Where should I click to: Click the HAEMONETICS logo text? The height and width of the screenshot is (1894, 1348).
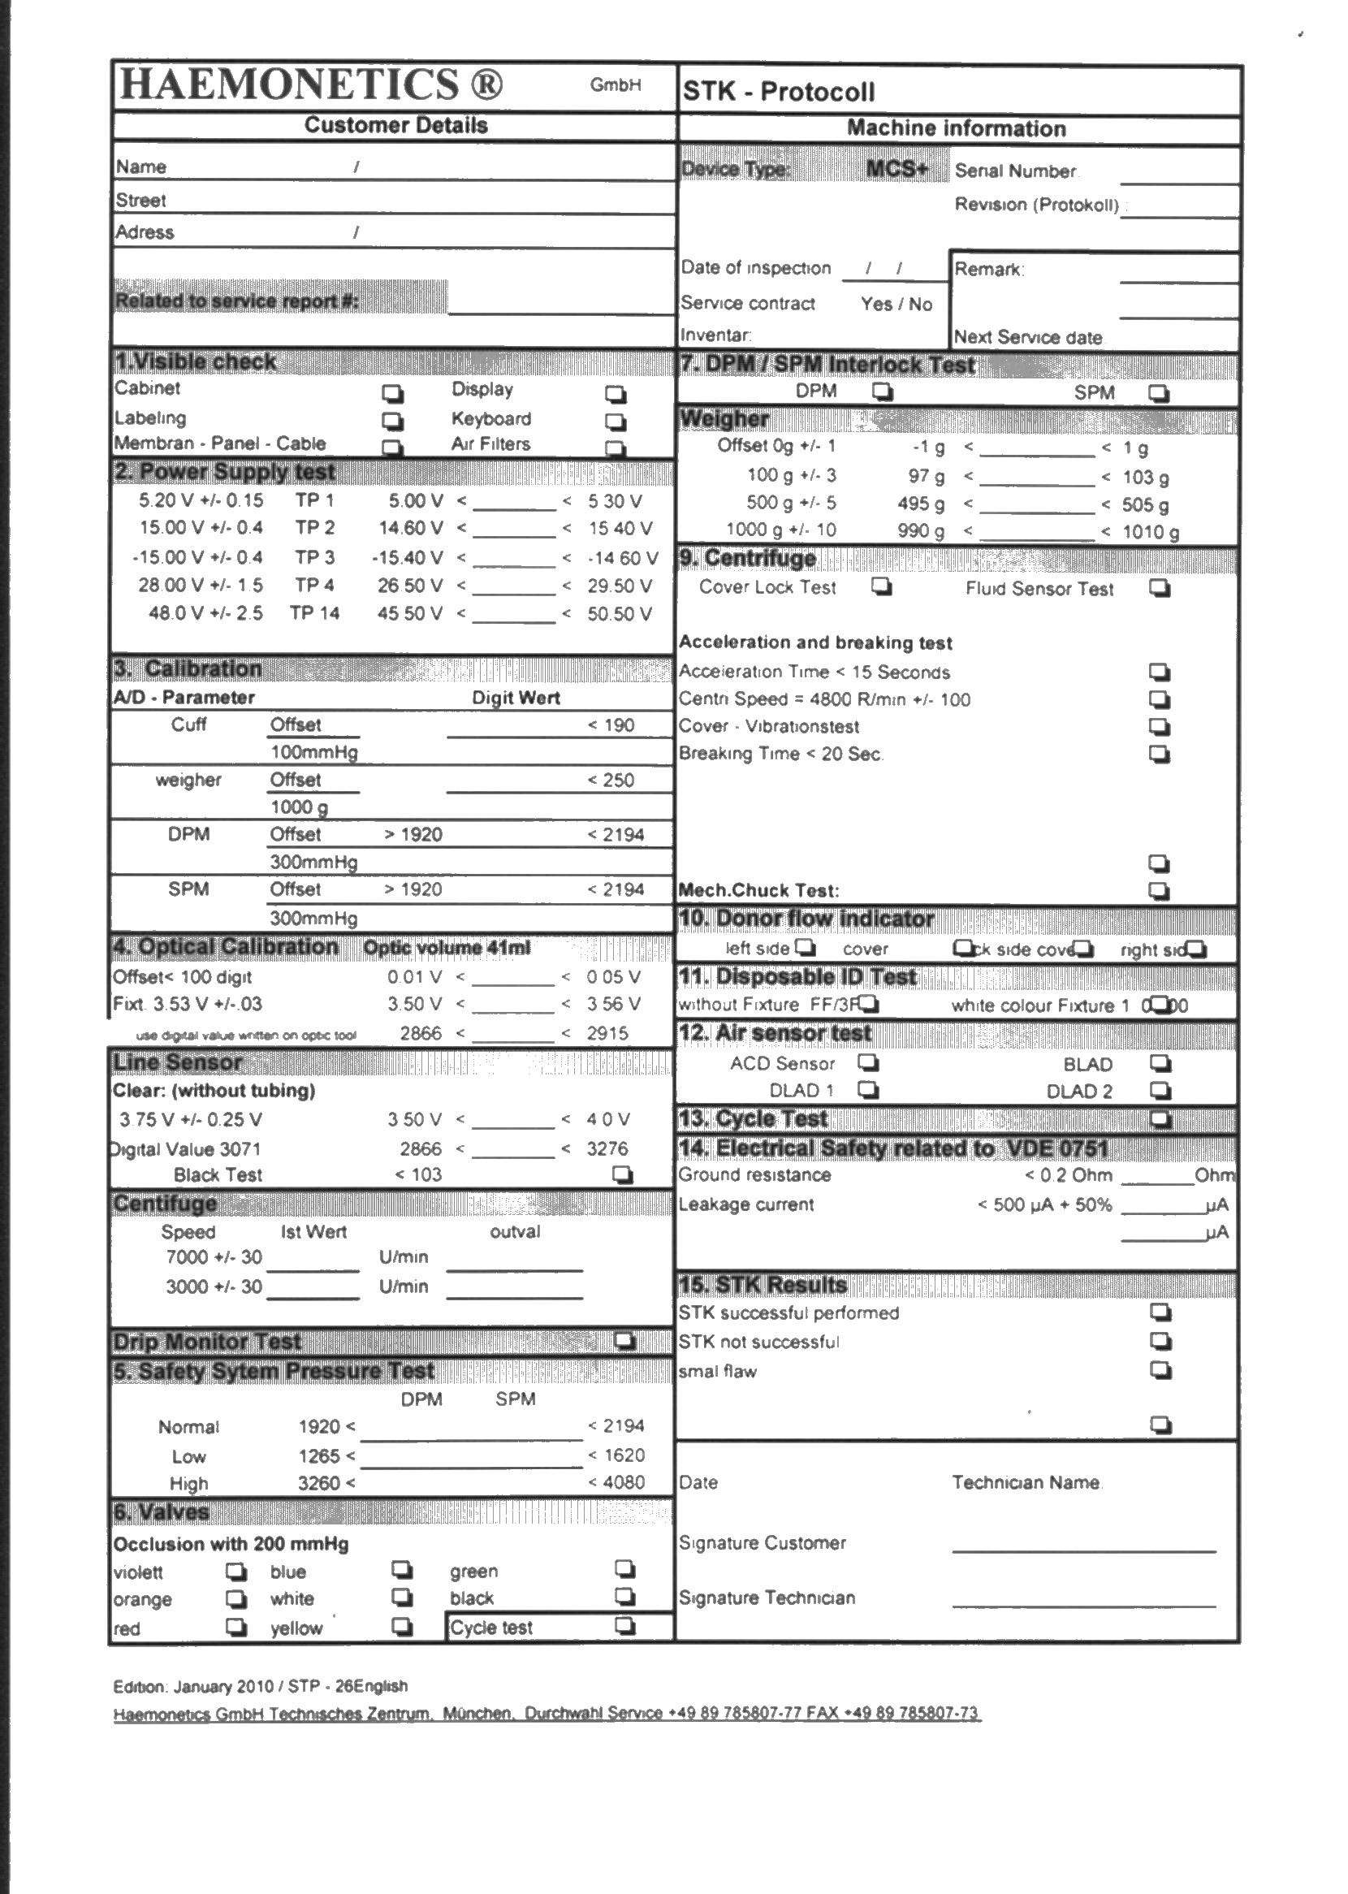[x=312, y=84]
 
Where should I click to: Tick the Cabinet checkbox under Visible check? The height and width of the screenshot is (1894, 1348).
[x=391, y=392]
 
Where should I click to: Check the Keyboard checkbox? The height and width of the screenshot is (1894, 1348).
[x=615, y=422]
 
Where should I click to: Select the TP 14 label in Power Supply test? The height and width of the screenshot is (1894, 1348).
[x=313, y=613]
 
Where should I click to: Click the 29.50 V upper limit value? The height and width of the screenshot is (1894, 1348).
[x=620, y=586]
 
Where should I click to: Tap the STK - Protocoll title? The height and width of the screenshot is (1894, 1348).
[x=779, y=91]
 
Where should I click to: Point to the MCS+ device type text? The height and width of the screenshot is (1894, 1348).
[x=897, y=169]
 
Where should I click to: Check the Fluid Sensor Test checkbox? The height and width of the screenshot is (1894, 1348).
[x=1160, y=588]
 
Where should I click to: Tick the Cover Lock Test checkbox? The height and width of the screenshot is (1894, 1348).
[x=882, y=586]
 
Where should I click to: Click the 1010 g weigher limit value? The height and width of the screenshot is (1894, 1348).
[x=1151, y=532]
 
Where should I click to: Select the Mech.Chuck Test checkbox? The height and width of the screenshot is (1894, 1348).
[x=1160, y=891]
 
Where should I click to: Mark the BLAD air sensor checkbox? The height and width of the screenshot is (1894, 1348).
[x=1160, y=1063]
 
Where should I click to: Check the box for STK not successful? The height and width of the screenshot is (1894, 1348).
[x=1160, y=1341]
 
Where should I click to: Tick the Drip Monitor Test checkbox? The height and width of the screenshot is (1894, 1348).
[x=624, y=1341]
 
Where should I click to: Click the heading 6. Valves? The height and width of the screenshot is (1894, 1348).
[x=161, y=1513]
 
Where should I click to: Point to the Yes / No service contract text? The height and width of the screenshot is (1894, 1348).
[x=897, y=304]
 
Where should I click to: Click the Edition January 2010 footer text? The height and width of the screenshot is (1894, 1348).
[x=261, y=1686]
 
